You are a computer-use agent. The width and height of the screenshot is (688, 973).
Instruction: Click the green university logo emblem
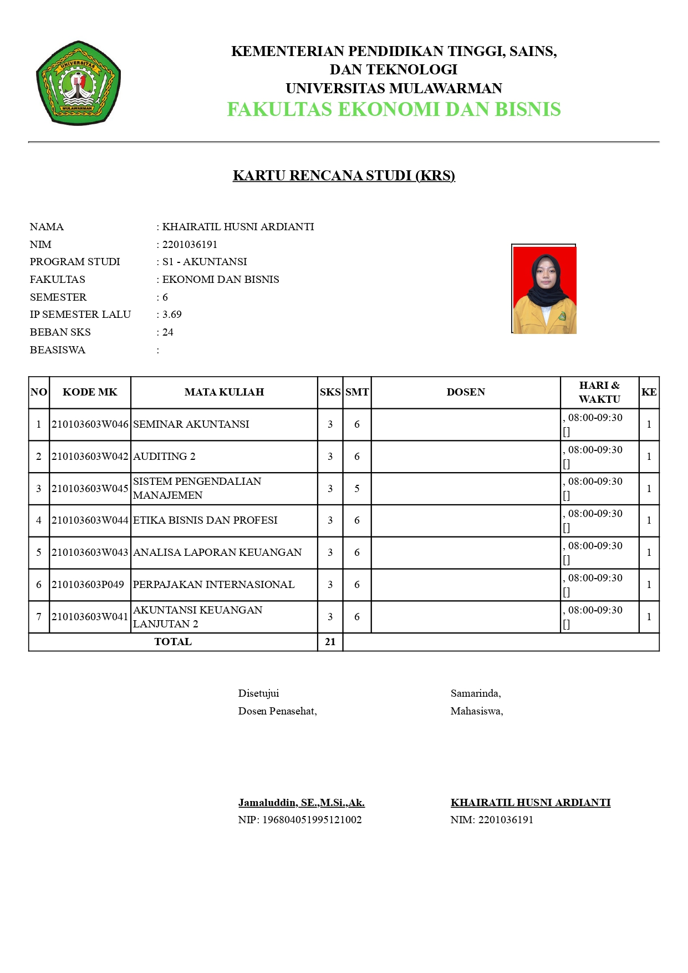[x=78, y=83]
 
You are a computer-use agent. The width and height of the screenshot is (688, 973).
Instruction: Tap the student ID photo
[x=544, y=290]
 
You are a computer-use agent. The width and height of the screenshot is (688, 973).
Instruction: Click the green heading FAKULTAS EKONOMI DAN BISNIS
[x=394, y=109]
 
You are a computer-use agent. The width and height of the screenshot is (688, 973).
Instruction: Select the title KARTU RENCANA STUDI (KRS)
[x=344, y=176]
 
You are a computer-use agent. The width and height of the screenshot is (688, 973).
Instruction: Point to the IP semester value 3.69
[x=172, y=315]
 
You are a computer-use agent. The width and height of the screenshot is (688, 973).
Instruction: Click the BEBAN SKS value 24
[x=168, y=332]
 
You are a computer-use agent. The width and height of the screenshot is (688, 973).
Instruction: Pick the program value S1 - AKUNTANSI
[x=205, y=262]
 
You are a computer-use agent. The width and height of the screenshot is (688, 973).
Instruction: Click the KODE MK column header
[x=90, y=392]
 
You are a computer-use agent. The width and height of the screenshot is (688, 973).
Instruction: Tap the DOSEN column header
[x=466, y=392]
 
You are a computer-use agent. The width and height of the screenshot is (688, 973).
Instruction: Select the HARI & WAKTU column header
[x=599, y=392]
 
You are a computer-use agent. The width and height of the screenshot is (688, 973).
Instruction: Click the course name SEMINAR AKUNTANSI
[x=191, y=424]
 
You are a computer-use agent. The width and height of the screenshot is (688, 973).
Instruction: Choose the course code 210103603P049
[x=88, y=585]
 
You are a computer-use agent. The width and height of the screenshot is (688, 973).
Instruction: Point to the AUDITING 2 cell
[x=164, y=457]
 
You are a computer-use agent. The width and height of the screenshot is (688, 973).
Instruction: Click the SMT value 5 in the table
[x=357, y=489]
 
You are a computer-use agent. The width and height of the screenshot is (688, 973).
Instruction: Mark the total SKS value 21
[x=330, y=642]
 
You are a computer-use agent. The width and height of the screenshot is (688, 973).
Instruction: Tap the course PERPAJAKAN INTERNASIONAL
[x=213, y=585]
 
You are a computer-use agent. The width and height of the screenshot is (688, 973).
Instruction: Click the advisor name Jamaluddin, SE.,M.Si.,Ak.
[x=302, y=803]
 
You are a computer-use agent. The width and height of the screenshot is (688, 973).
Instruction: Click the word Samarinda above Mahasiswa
[x=475, y=693]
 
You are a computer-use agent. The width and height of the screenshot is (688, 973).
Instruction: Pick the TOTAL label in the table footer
[x=173, y=642]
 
